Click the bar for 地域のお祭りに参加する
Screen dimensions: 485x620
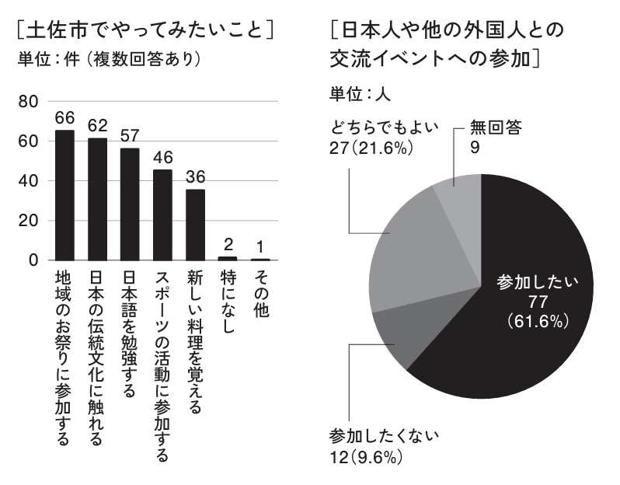click(x=64, y=195)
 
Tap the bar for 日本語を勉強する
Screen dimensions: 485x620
click(x=130, y=204)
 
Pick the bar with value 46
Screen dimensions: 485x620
click(x=162, y=215)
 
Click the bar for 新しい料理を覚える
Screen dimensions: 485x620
click(x=195, y=225)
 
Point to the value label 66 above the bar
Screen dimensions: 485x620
click(x=64, y=117)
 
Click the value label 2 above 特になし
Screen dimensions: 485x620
click(x=228, y=245)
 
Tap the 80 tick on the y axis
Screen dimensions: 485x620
click(x=28, y=102)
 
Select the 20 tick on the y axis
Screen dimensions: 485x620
click(x=28, y=221)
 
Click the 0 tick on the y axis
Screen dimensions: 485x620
click(x=33, y=260)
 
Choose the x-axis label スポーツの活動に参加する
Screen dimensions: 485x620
click(x=162, y=365)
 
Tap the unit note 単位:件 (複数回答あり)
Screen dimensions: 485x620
click(x=109, y=59)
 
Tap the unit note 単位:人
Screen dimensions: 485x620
click(x=358, y=94)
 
